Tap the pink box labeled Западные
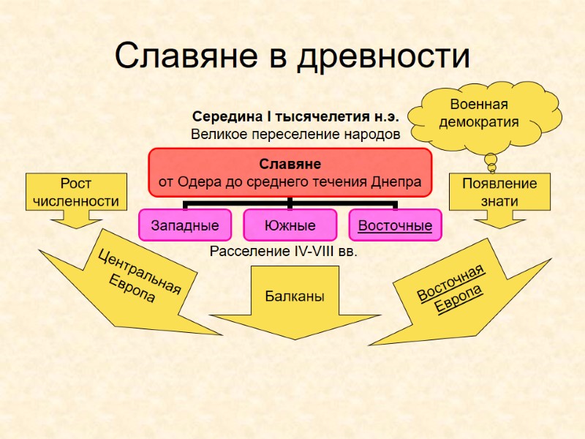(x=185, y=225)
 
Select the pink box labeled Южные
(x=290, y=225)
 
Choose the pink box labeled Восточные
(x=395, y=225)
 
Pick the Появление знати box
(x=499, y=192)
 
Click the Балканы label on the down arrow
(x=295, y=296)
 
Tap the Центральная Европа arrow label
(x=139, y=277)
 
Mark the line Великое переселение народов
(x=295, y=135)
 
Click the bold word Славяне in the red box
(x=290, y=165)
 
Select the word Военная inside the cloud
(x=479, y=105)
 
